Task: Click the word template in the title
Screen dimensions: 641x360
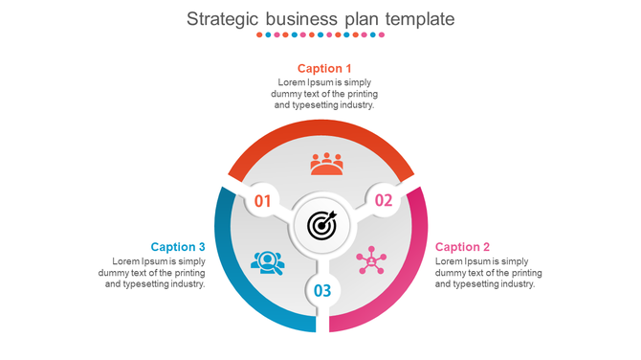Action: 417,18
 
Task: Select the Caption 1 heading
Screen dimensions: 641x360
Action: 324,68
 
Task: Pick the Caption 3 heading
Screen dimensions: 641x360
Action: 178,247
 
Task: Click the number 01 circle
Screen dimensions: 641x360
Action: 262,201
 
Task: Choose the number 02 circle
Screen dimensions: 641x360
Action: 383,200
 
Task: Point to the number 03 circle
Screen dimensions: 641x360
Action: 322,290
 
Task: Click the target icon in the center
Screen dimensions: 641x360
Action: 322,226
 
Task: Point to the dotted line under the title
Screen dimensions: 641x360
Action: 320,35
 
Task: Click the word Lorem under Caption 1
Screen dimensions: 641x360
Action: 291,83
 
